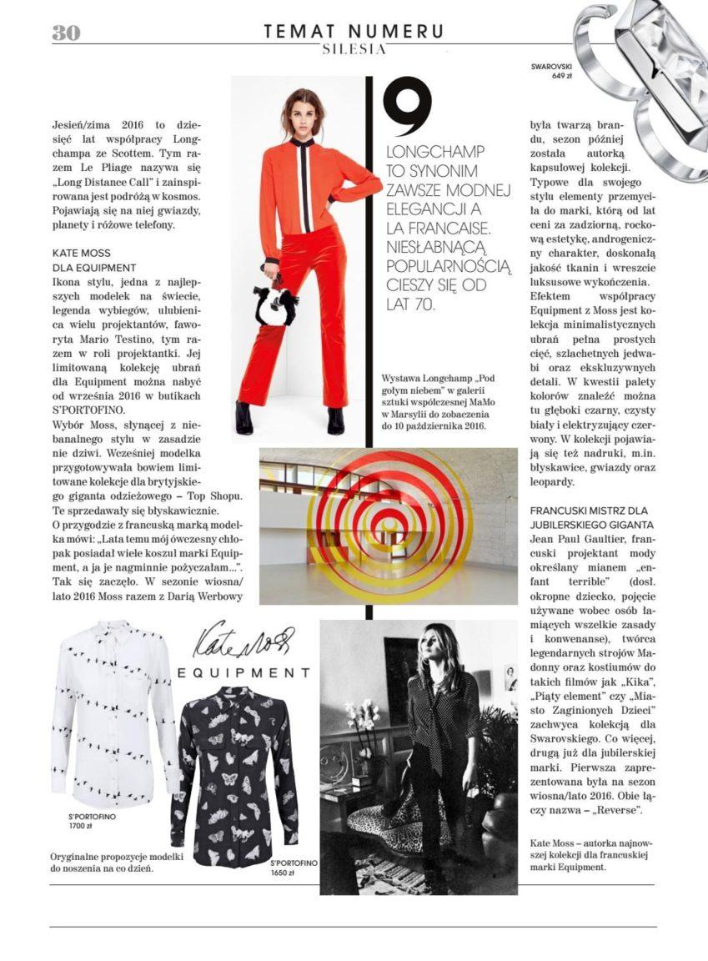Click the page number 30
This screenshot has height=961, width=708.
tap(66, 33)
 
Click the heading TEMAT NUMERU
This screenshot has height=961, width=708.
tap(354, 32)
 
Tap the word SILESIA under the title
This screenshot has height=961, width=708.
tap(354, 49)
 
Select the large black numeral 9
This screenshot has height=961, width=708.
tap(407, 108)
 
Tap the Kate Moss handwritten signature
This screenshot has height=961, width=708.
tap(237, 642)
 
